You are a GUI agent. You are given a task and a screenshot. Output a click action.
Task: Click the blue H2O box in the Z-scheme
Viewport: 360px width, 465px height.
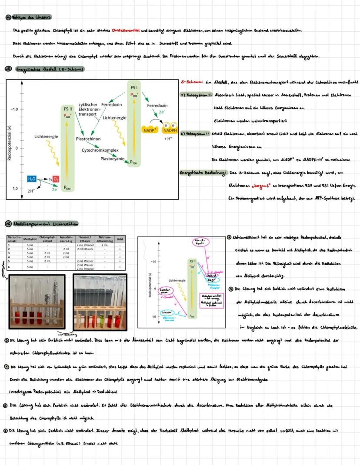point(32,179)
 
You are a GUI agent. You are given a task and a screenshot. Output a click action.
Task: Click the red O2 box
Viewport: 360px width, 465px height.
point(57,179)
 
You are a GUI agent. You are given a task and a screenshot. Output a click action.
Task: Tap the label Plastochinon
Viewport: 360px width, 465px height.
point(88,139)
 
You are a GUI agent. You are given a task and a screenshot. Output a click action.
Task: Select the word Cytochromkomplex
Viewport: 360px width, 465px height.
point(100,150)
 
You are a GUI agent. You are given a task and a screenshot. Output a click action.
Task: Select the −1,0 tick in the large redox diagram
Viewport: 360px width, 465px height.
point(14,109)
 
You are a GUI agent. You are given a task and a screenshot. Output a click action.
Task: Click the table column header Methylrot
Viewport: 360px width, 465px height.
point(30,239)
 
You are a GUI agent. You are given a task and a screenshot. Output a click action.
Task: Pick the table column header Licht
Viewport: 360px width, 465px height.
point(120,239)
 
